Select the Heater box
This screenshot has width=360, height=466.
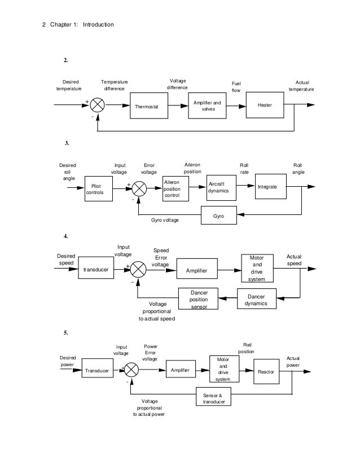pyautogui.click(x=265, y=105)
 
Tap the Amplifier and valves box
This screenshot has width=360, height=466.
pyautogui.click(x=207, y=105)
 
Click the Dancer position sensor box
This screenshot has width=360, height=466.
pyautogui.click(x=199, y=299)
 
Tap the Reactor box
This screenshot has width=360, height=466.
pyautogui.click(x=266, y=371)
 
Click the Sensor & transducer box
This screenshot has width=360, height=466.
pyautogui.click(x=214, y=398)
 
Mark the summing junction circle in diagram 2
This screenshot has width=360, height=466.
pyautogui.click(x=98, y=105)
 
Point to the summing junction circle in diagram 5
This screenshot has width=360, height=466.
pyautogui.click(x=131, y=370)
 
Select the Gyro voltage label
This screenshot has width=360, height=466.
pyautogui.click(x=165, y=219)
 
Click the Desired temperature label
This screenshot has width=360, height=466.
pyautogui.click(x=69, y=85)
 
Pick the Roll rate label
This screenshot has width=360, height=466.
pyautogui.click(x=244, y=168)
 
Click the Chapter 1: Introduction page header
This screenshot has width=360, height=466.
pyautogui.click(x=78, y=24)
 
